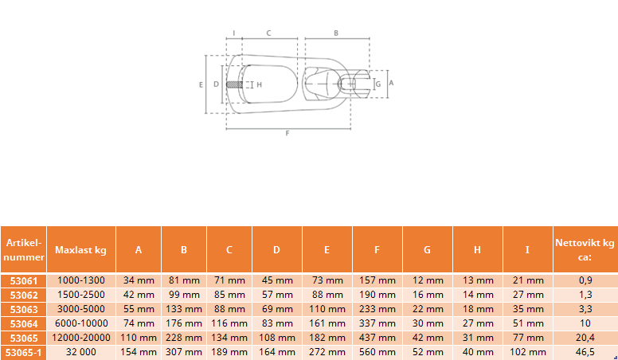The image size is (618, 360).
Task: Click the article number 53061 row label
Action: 24,280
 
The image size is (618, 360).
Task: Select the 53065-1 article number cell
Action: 24,352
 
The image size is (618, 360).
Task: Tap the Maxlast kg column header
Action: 80,249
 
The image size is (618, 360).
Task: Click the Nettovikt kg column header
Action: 585,249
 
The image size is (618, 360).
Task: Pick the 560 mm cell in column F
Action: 377,352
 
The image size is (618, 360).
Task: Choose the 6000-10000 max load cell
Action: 81,323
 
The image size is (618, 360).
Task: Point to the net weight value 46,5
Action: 585,352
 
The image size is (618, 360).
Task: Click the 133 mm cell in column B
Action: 184,309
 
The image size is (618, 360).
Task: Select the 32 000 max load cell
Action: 81,352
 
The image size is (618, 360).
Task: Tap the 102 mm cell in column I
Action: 528,352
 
